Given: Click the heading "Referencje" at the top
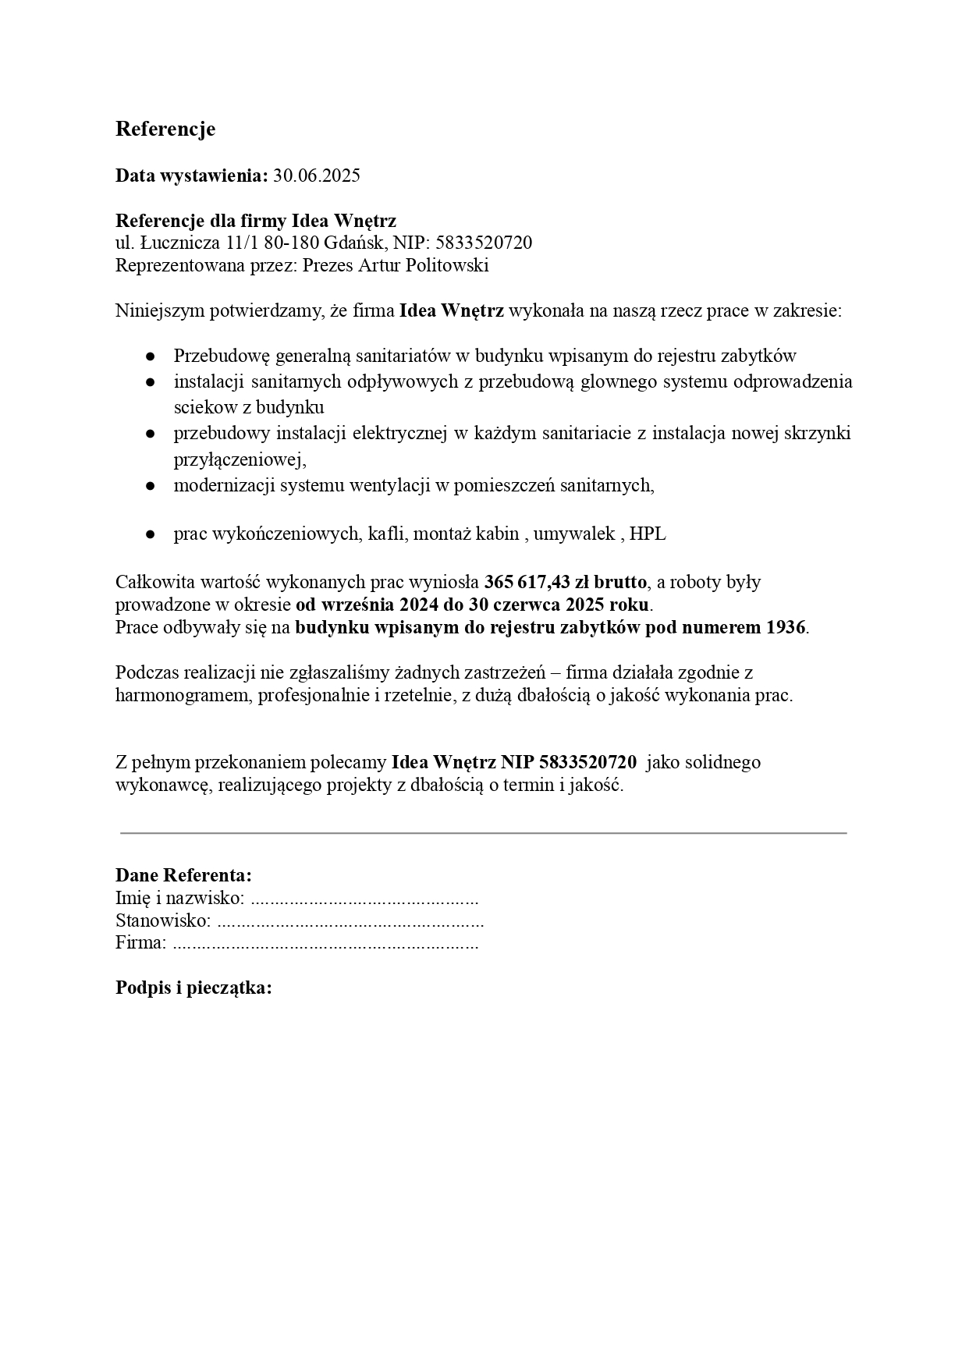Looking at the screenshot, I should pos(165,129).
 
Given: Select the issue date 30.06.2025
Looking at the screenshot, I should pos(317,176).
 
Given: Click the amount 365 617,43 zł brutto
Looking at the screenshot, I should pos(566,582).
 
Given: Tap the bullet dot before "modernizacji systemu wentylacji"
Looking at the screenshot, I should pos(150,486).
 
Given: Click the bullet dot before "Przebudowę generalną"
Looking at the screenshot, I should pos(150,356).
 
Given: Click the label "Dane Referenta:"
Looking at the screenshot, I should pos(183,875).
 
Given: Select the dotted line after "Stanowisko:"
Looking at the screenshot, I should pos(350,921).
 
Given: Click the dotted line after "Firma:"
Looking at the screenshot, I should pos(325,943).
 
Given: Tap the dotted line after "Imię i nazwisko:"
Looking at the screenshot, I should pos(364,899).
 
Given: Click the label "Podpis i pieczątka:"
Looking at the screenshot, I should pos(193,988).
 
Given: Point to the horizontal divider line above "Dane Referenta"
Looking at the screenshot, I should pos(484,833).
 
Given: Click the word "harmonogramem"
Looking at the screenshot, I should pos(179,696).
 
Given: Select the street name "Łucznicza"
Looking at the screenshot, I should pos(179,243).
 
